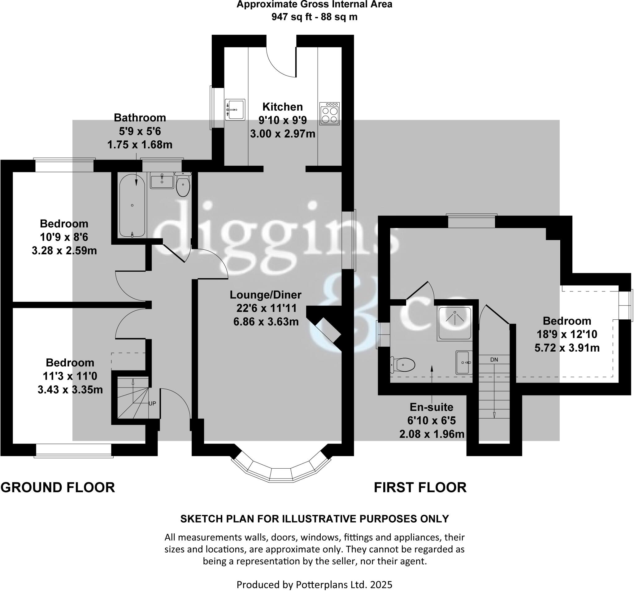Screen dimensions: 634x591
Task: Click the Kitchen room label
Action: coord(282,107)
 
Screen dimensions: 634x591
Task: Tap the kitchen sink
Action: coord(235,109)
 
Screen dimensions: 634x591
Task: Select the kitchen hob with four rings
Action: coord(329,114)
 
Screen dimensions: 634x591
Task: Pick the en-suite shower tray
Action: coord(455,323)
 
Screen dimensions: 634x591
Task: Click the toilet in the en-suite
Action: coord(403,364)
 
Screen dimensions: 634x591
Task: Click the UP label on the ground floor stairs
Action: coord(152,403)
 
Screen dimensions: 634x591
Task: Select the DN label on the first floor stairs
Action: coord(494,360)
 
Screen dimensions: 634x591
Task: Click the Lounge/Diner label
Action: coord(266,295)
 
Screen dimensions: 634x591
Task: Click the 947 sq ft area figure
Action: coord(292,17)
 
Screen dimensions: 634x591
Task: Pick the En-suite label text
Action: coord(432,407)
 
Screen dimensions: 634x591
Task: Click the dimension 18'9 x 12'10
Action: coord(567,334)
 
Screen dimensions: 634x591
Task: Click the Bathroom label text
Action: coord(140,118)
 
